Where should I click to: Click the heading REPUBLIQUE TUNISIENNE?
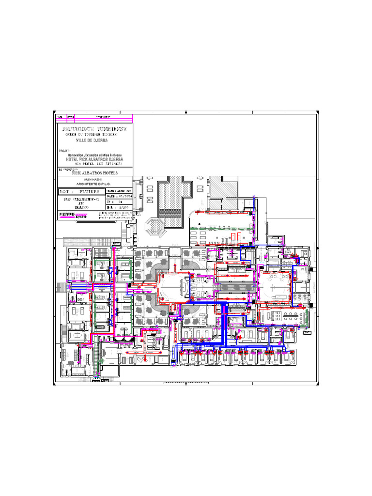pos(94,130)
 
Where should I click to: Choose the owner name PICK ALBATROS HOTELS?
pos(94,172)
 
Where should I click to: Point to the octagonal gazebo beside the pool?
pos(155,226)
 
